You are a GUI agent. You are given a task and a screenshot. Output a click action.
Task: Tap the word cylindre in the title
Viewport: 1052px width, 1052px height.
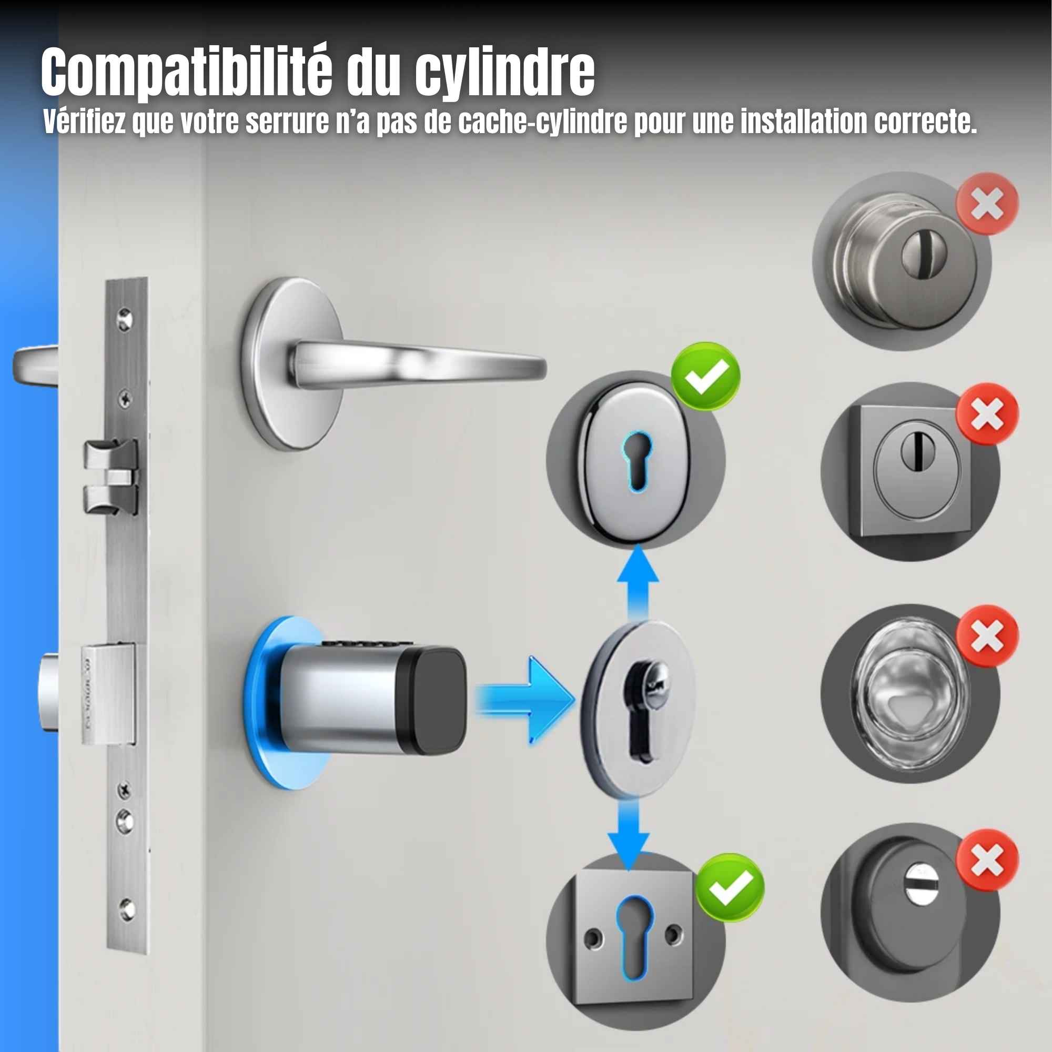[x=505, y=73]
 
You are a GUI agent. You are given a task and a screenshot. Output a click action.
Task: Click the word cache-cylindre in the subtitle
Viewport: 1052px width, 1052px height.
[x=542, y=122]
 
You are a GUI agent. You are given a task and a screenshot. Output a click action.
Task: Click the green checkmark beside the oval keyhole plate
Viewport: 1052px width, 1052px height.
[x=705, y=376]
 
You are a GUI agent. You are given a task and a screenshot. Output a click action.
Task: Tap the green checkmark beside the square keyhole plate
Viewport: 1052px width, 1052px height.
[x=730, y=887]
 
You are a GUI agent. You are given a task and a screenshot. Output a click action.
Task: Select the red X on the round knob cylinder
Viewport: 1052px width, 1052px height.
[x=987, y=204]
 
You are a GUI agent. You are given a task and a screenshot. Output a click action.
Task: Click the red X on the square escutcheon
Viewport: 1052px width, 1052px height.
[x=987, y=414]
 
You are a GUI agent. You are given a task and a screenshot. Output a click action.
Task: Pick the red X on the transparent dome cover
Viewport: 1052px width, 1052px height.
[x=987, y=635]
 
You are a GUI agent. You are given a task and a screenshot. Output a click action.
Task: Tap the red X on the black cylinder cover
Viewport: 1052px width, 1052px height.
[x=987, y=861]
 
